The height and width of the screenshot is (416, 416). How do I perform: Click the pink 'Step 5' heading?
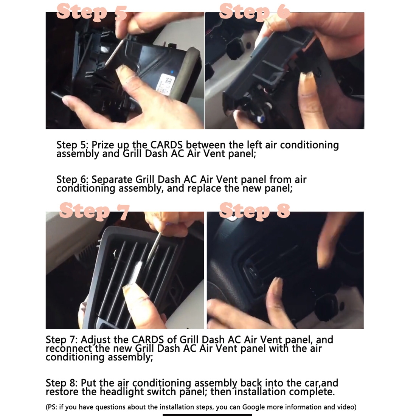[x=92, y=12]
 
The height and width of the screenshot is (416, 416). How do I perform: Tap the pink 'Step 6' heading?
[x=255, y=12]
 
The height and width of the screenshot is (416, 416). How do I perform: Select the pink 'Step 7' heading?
[x=95, y=211]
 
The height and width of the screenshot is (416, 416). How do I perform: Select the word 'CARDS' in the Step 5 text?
[x=166, y=145]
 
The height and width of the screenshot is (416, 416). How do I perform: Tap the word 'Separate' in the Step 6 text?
[x=112, y=180]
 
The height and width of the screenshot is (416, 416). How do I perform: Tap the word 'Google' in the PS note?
[x=254, y=407]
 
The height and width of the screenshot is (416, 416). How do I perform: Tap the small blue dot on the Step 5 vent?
[x=172, y=72]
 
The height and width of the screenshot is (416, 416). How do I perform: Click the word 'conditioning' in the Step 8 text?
[x=162, y=383]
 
